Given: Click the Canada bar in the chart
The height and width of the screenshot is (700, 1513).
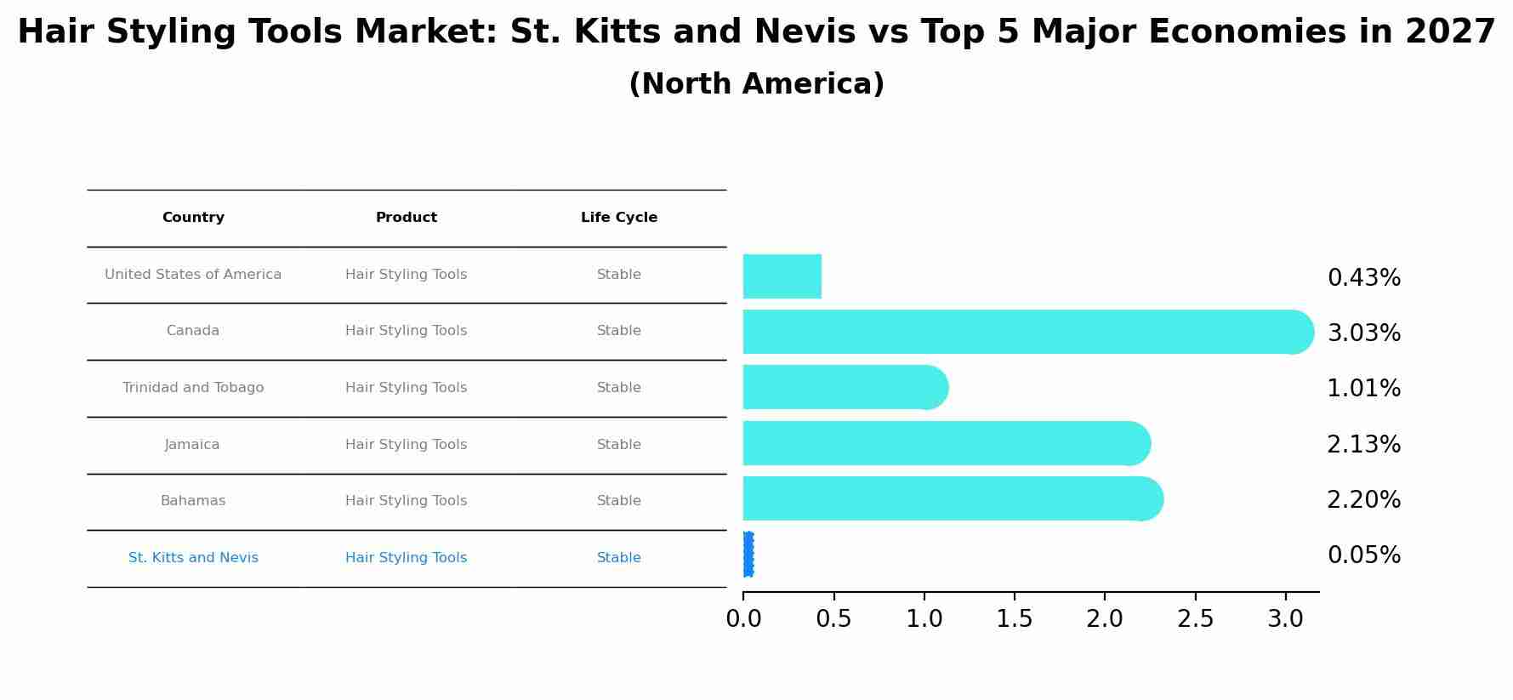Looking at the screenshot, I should tap(1021, 332).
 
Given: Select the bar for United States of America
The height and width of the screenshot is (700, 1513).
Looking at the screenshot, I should tap(782, 276).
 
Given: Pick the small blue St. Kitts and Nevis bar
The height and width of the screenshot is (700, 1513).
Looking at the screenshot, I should tap(748, 555).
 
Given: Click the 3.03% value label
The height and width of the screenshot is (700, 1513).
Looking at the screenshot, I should tap(1363, 333).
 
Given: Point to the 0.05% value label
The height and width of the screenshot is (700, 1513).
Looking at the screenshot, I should tap(1363, 555).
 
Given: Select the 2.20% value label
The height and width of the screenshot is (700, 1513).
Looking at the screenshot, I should tap(1363, 500).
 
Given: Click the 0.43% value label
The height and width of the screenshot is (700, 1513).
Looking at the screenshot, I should tap(1363, 278).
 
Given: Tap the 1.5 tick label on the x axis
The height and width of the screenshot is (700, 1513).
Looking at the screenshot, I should tap(1015, 619).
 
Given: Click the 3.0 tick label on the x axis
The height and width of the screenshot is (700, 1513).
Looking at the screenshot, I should tap(1285, 619).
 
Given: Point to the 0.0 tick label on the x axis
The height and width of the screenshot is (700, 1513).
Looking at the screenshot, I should tap(743, 619).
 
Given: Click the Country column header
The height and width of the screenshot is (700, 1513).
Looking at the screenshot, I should tap(193, 218).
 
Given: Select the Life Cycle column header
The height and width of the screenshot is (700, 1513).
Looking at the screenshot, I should tap(618, 218).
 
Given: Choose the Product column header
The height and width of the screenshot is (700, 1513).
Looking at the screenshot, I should tap(406, 218).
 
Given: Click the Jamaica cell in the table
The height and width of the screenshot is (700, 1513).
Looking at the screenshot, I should tap(192, 445).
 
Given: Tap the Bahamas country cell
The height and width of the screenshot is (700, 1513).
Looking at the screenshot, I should tap(193, 501).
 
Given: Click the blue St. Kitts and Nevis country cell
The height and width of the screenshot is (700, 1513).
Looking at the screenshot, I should tap(193, 558).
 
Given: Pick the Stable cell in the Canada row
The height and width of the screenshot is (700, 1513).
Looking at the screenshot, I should tap(618, 331).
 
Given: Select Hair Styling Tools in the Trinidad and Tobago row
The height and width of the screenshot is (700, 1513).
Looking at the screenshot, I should tap(406, 388).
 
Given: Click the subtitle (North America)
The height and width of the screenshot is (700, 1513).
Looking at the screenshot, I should tap(756, 84).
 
